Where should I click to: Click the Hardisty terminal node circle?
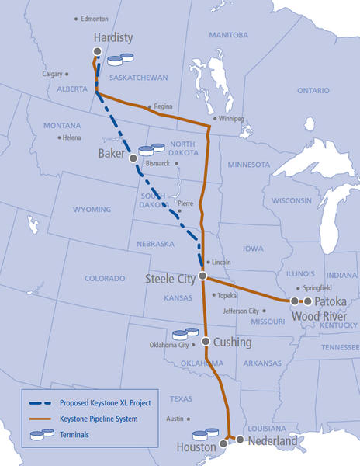[97, 51]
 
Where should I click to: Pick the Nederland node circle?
[240, 440]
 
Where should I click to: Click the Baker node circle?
[133, 157]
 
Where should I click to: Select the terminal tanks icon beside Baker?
[151, 149]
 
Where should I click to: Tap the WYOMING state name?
[92, 210]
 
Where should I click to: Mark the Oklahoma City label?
[171, 346]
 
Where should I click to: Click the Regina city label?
[163, 106]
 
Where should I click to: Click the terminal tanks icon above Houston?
[206, 433]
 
